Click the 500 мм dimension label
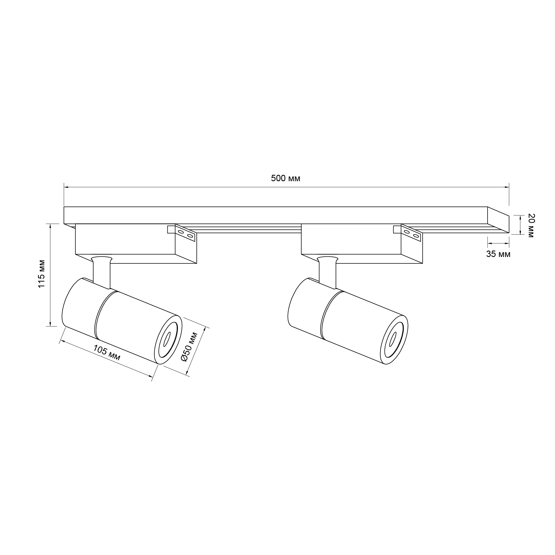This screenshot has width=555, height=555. coord(286,178)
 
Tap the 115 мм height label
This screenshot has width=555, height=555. coord(42,274)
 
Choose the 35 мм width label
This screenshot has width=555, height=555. coord(498,254)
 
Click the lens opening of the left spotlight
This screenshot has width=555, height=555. coord(167,339)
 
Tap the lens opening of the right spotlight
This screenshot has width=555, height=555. coord(393,339)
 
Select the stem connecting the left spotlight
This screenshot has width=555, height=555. coord(102,272)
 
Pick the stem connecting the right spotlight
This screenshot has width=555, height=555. coord(327,272)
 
